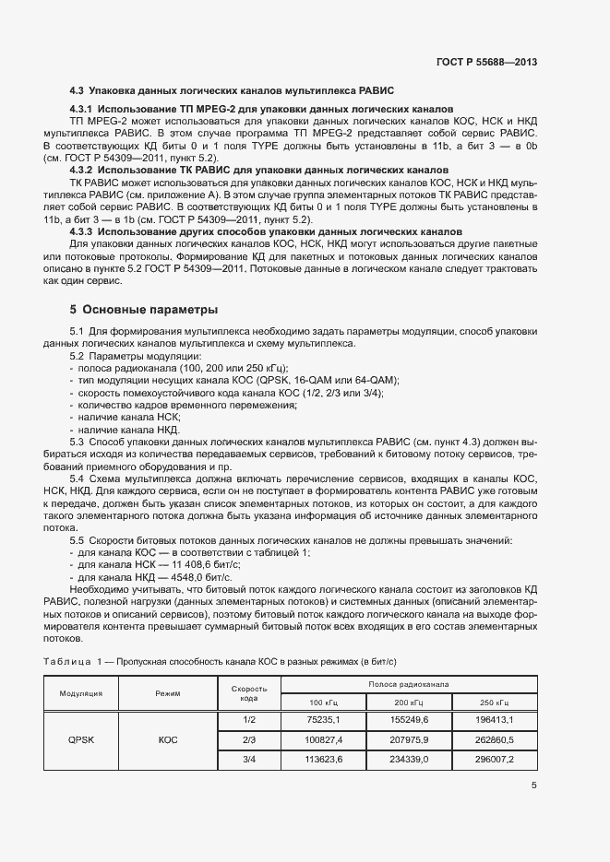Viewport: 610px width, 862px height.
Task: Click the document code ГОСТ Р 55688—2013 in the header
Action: (485, 62)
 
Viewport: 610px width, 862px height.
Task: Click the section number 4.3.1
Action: (85, 109)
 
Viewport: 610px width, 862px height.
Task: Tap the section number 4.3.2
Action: (85, 171)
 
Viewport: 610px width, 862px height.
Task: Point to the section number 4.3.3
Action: (85, 232)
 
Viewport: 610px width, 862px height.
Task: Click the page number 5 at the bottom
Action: (534, 785)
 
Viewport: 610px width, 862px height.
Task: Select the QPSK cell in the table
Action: (81, 738)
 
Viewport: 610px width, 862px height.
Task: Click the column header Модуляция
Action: (81, 693)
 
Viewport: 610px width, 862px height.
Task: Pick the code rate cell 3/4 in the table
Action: (248, 759)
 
